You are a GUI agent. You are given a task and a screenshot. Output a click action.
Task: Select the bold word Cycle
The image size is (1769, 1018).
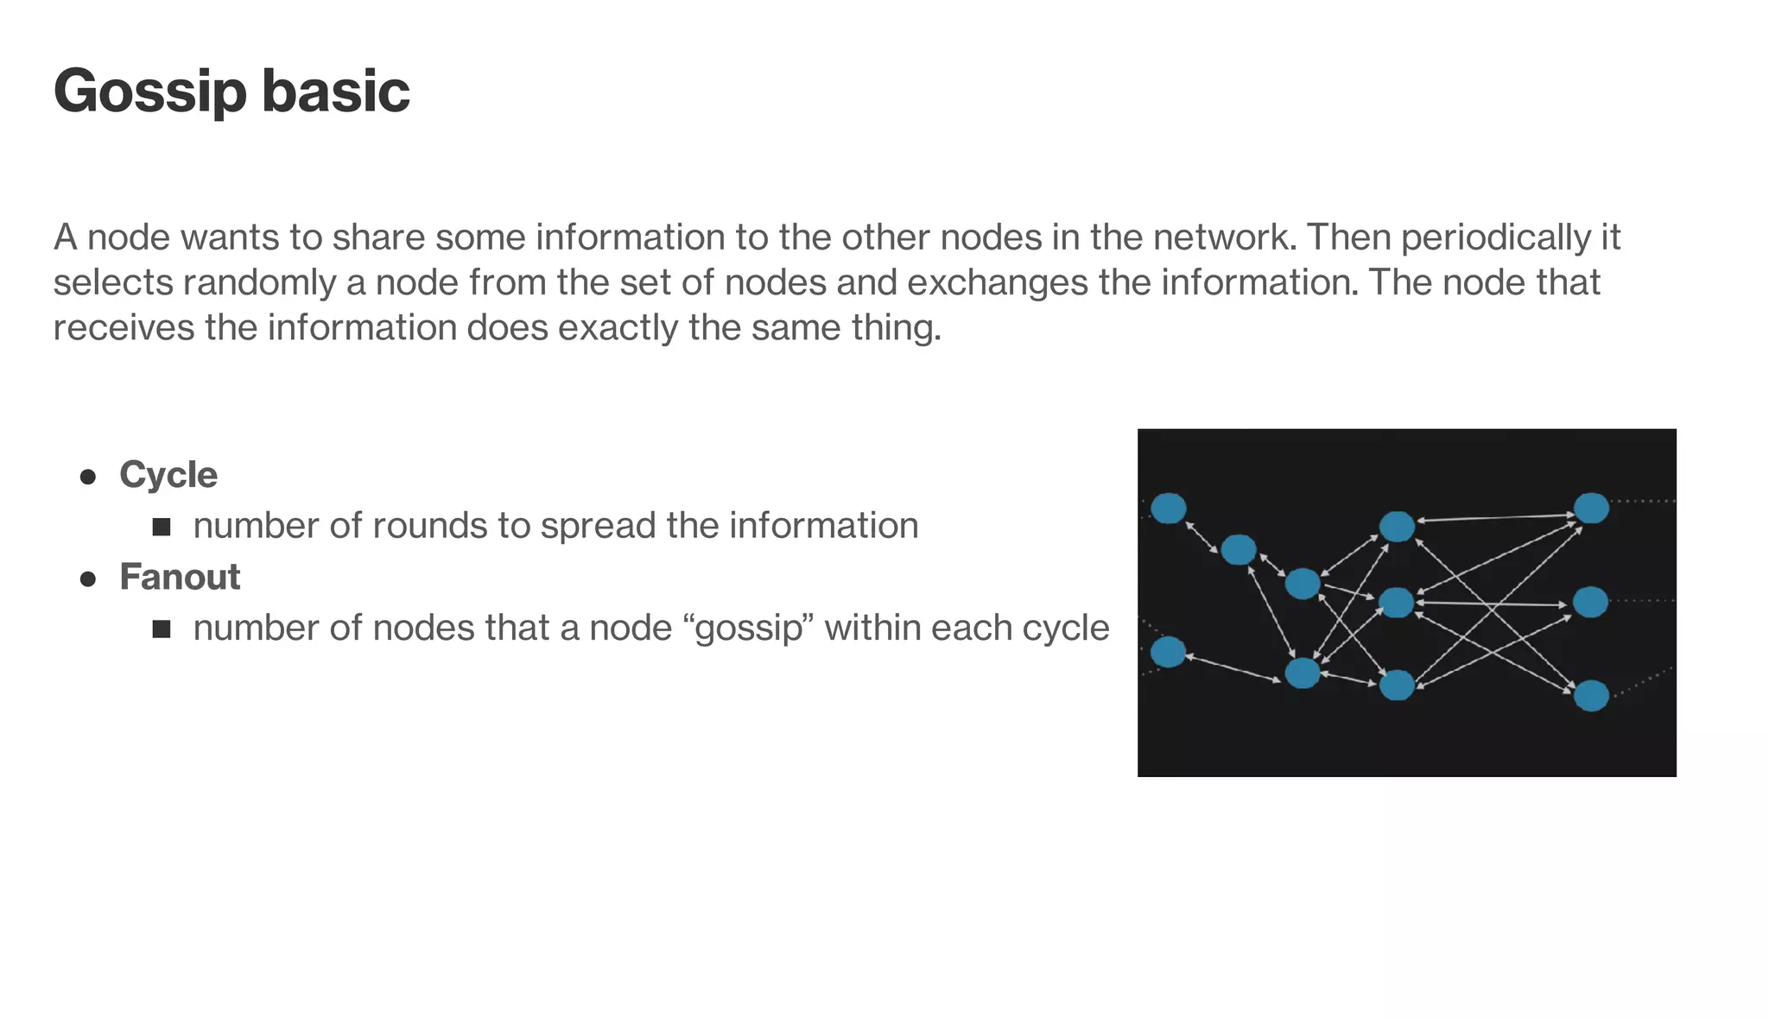pyautogui.click(x=168, y=475)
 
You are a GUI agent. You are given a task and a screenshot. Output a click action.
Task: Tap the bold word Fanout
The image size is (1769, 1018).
pyautogui.click(x=180, y=577)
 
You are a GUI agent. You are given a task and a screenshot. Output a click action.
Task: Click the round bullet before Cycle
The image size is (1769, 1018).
pyautogui.click(x=87, y=477)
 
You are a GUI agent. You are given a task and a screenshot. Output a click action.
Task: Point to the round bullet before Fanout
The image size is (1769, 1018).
pyautogui.click(x=87, y=579)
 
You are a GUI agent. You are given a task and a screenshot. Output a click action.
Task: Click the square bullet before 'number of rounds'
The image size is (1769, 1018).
pyautogui.click(x=162, y=527)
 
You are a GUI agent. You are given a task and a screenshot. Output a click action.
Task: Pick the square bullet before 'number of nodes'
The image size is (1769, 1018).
pyautogui.click(x=162, y=629)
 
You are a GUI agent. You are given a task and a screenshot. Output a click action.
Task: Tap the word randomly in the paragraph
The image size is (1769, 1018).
pyautogui.click(x=259, y=283)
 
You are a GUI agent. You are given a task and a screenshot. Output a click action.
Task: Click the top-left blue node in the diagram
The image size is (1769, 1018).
pyautogui.click(x=1169, y=509)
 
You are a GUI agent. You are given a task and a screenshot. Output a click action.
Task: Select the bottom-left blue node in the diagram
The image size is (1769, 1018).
pyautogui.click(x=1169, y=652)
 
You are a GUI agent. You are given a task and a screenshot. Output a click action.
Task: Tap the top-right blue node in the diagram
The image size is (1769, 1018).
pyautogui.click(x=1591, y=509)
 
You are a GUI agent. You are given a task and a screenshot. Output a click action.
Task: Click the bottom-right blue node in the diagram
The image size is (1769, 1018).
pyautogui.click(x=1591, y=695)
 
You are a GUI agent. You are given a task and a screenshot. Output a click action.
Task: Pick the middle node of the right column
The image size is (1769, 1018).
pyautogui.click(x=1590, y=602)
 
